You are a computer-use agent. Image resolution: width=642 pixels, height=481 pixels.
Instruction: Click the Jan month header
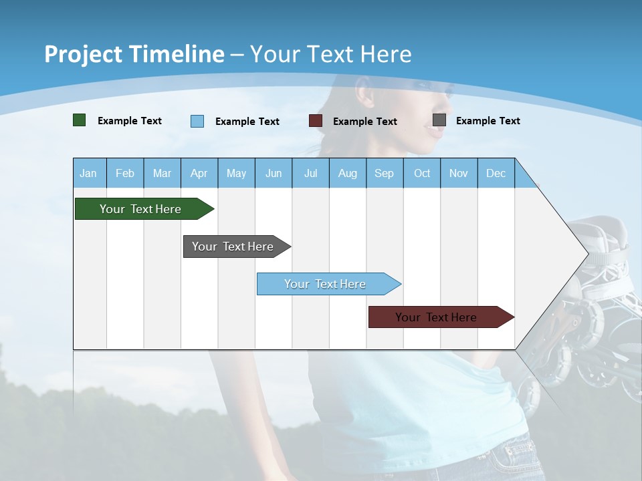(x=88, y=174)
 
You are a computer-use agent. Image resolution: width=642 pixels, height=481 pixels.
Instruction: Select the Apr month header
(x=199, y=174)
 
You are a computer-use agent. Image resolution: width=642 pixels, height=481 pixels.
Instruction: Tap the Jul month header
(x=310, y=174)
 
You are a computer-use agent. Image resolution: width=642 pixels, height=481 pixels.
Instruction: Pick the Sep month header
(x=384, y=174)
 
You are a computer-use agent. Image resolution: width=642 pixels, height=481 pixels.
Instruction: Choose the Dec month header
(x=496, y=174)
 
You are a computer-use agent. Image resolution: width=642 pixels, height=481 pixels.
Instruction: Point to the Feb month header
(x=125, y=174)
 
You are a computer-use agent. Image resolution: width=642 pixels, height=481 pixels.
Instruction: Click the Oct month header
(x=422, y=174)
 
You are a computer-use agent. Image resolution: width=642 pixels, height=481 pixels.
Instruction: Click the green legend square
(x=80, y=120)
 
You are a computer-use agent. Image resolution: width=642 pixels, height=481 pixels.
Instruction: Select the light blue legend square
(x=197, y=121)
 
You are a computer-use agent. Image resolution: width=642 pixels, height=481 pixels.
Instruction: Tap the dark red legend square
(x=316, y=121)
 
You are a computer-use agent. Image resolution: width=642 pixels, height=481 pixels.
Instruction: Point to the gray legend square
(x=439, y=120)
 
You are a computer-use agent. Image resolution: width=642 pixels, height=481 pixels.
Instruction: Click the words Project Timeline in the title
(x=134, y=54)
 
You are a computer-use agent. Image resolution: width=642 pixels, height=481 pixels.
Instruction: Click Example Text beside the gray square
(x=488, y=121)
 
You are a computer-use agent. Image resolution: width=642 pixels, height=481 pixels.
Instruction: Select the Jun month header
(x=274, y=174)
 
